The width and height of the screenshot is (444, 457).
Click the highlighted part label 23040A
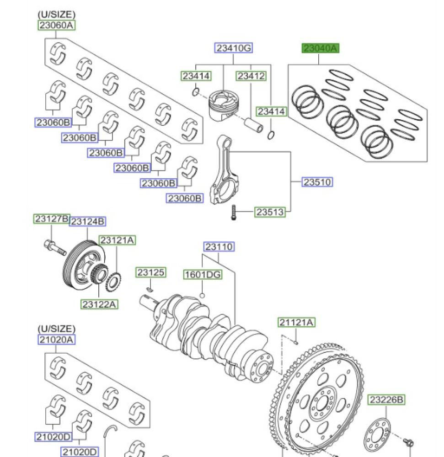(x=320, y=48)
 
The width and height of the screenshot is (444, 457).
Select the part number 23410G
(x=233, y=48)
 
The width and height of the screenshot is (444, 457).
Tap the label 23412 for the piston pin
(x=251, y=76)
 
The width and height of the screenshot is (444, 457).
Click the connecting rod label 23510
(x=317, y=182)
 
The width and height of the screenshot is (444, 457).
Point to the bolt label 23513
(x=270, y=212)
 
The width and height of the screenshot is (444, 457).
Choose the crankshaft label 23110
(x=219, y=247)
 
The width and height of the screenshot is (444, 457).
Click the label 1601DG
(x=203, y=275)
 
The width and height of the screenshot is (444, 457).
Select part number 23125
(x=150, y=273)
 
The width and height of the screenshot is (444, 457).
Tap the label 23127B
(x=51, y=219)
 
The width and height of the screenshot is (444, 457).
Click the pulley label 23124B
(x=87, y=222)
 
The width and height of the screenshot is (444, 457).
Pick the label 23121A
(x=118, y=240)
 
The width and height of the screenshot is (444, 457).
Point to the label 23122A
(x=99, y=303)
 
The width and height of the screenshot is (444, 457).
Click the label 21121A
(x=296, y=323)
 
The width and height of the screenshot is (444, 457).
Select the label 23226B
(x=386, y=400)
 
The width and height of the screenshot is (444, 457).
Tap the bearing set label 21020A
(x=56, y=340)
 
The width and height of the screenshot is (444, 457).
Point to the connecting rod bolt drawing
(x=233, y=213)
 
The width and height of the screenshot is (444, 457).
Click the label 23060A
(x=56, y=25)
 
